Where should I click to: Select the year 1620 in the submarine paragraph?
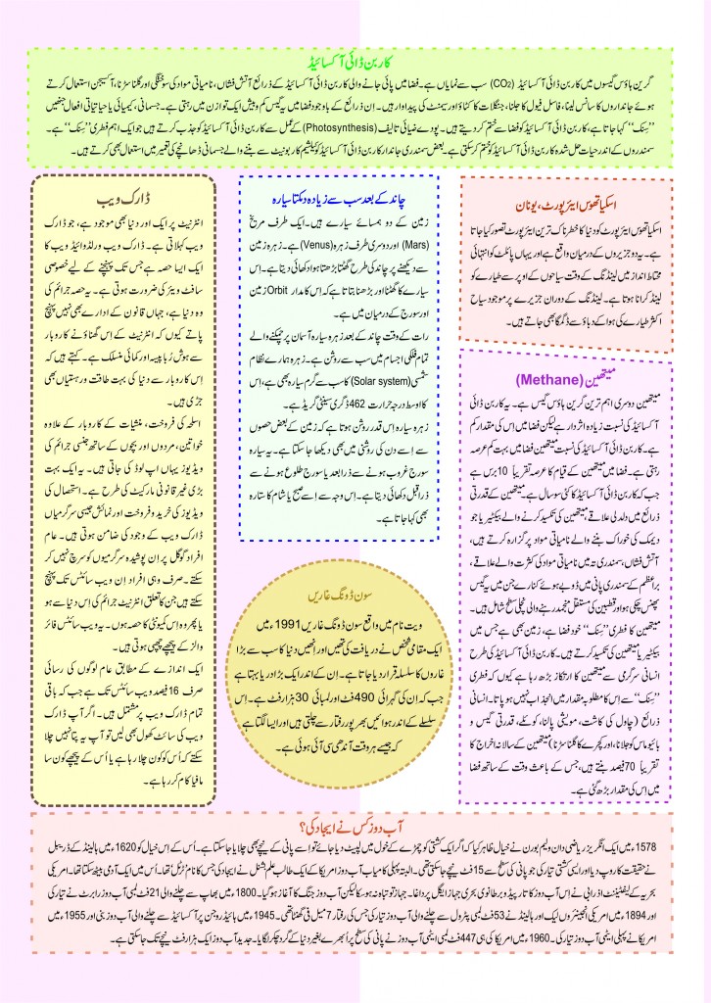point(138,843)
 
